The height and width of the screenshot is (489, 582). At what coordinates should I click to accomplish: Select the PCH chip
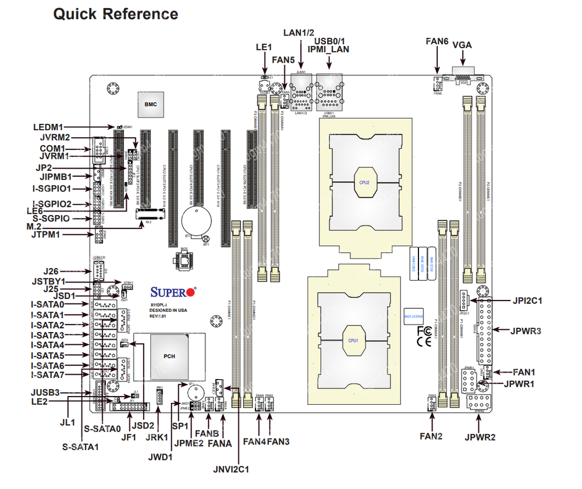click(169, 356)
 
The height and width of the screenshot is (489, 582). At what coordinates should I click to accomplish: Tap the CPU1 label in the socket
click(353, 340)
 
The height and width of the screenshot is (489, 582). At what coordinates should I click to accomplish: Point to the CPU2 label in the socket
click(364, 182)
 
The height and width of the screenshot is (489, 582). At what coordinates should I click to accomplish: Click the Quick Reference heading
click(116, 14)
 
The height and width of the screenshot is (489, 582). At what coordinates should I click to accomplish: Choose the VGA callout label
click(462, 45)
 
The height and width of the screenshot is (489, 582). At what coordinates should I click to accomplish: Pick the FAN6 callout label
click(436, 41)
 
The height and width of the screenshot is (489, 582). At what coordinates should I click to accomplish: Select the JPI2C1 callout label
click(527, 301)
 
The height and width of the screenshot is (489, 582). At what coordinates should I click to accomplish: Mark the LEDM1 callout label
click(48, 127)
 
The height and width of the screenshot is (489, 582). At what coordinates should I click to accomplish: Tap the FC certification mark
click(424, 331)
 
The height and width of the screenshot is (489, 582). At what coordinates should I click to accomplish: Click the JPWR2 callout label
click(480, 437)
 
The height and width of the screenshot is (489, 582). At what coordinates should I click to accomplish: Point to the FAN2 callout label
click(431, 436)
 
